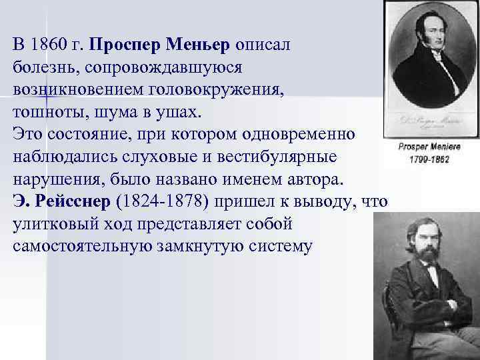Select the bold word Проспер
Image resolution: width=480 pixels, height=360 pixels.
124,45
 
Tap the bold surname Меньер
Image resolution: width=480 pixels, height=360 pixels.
198,45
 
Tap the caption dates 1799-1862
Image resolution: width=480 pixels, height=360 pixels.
428,159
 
